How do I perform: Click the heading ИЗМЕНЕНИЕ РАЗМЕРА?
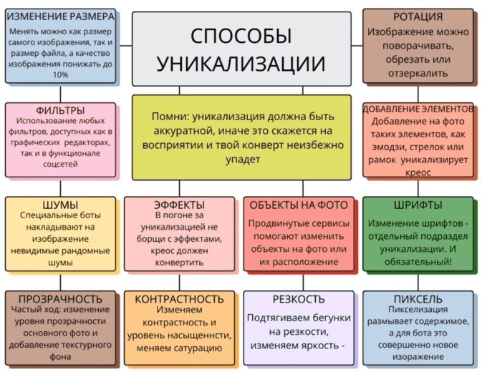[x=61, y=16]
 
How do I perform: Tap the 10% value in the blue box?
[x=61, y=74]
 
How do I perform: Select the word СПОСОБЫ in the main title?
[x=241, y=36]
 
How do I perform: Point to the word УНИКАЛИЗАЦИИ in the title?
[x=241, y=64]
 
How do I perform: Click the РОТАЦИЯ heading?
[x=418, y=16]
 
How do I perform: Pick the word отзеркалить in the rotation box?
[x=418, y=74]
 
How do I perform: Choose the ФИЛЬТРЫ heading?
[x=60, y=110]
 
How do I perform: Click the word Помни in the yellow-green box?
[x=169, y=117]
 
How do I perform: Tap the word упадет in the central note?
[x=243, y=160]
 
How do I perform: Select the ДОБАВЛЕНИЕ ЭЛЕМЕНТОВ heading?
[x=418, y=109]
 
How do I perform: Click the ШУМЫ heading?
[x=60, y=205]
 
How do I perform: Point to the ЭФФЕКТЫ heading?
[x=179, y=205]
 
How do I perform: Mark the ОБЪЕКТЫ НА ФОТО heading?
[x=299, y=205]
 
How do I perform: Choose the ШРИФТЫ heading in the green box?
[x=418, y=205]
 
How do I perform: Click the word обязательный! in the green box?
[x=418, y=262]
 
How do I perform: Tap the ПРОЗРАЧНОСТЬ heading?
[x=60, y=299]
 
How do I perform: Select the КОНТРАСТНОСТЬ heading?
[x=179, y=299]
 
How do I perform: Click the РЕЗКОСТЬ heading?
[x=299, y=299]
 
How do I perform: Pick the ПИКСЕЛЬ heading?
[x=418, y=299]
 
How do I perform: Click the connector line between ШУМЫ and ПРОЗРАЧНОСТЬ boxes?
[x=60, y=282]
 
